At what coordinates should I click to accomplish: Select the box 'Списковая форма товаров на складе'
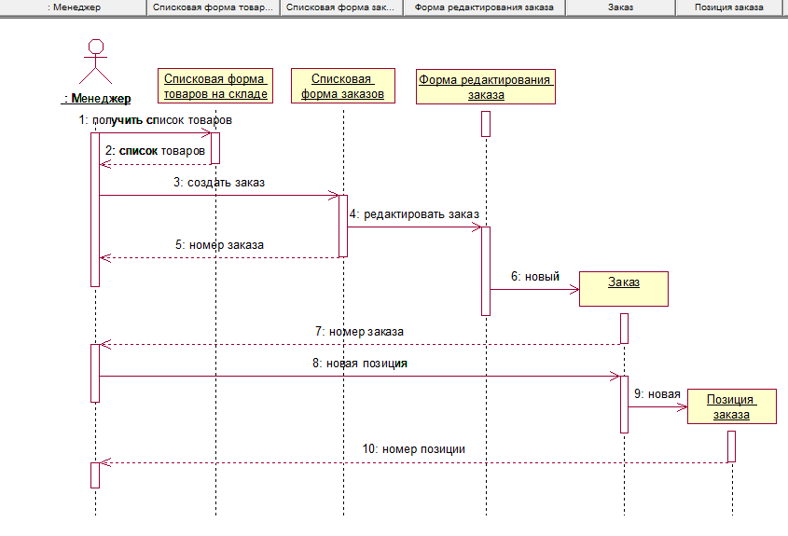pos(215,86)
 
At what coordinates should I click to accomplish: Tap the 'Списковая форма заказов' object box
pos(343,86)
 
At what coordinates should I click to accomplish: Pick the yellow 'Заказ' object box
pos(624,288)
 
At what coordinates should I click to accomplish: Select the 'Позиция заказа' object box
pos(731,406)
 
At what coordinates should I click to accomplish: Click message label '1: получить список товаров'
pos(156,120)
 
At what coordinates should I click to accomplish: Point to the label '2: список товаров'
pos(155,150)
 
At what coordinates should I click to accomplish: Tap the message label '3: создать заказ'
pos(219,182)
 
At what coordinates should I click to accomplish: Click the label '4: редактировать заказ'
pos(414,213)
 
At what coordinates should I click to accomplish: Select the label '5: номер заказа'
pos(219,245)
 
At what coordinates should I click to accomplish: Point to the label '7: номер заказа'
pos(359,331)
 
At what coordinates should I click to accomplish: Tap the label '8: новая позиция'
pos(359,364)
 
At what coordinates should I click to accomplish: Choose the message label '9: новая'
pos(657,394)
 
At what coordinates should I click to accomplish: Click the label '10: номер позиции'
pos(414,448)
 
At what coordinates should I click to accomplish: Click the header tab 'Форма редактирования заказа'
pos(484,7)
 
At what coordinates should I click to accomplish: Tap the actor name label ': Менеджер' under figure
pos(96,99)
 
